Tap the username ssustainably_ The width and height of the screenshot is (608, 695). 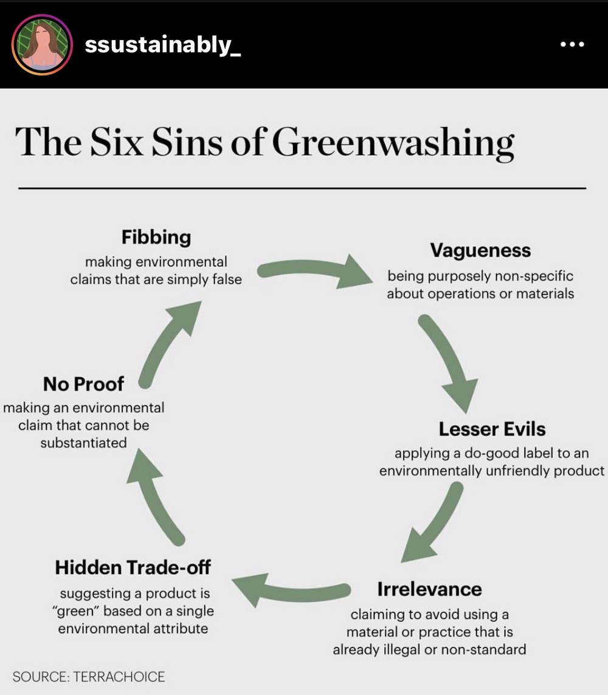[x=163, y=45]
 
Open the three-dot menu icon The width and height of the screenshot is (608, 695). [x=572, y=45]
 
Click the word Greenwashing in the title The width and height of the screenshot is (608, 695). [x=393, y=143]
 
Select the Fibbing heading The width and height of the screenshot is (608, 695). [x=156, y=237]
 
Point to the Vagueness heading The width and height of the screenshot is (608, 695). [x=480, y=250]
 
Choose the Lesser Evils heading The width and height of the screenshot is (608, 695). [x=492, y=429]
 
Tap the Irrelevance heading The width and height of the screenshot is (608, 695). [x=429, y=589]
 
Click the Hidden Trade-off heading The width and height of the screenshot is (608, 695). [x=133, y=567]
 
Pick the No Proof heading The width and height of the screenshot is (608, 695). [x=83, y=384]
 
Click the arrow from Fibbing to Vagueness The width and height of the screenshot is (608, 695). [x=316, y=272]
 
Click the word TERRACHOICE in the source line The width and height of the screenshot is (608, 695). [x=119, y=677]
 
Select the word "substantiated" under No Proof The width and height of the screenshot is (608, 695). [x=83, y=443]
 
